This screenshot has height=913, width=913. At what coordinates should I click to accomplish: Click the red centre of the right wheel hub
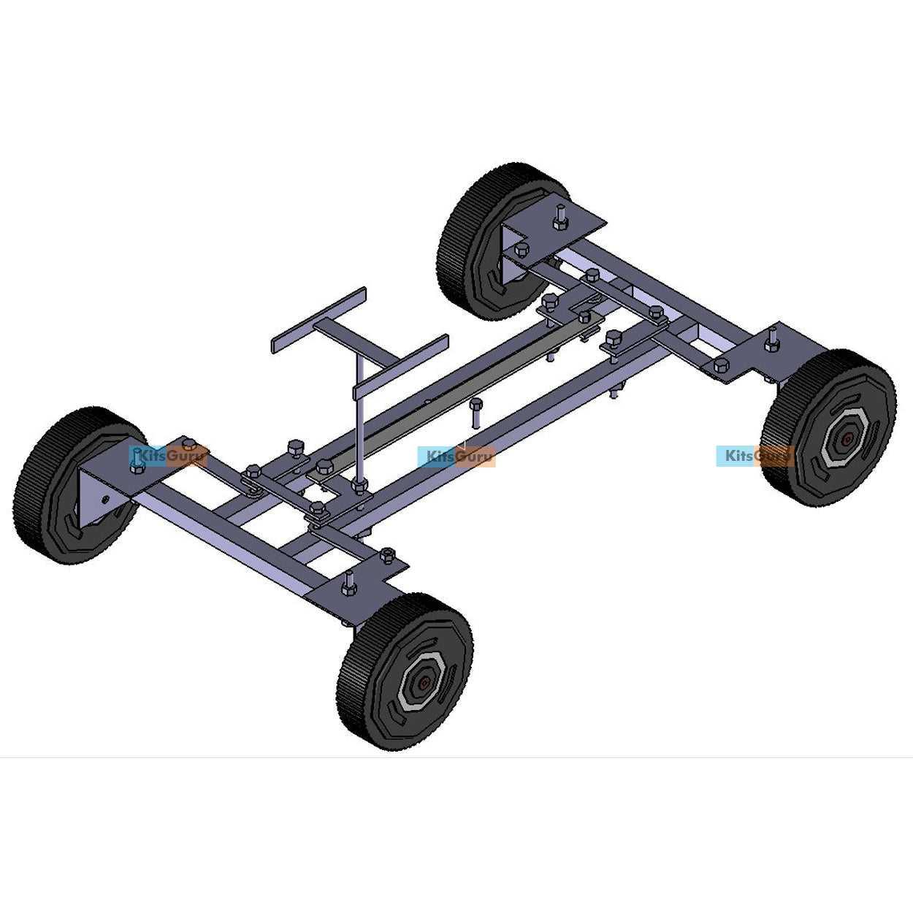click(x=846, y=440)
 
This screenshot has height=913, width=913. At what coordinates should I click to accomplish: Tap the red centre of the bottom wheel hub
click(x=424, y=684)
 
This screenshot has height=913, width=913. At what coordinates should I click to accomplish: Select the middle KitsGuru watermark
click(x=457, y=457)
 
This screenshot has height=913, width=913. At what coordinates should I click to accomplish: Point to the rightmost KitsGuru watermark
click(x=755, y=456)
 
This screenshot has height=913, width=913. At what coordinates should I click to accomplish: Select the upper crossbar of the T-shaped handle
click(x=318, y=320)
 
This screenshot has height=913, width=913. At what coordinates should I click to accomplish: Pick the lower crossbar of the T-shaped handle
click(x=401, y=367)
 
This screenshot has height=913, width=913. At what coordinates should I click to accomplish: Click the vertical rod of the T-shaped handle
click(x=359, y=424)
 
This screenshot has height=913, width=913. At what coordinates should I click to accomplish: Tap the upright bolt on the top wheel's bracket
click(x=560, y=217)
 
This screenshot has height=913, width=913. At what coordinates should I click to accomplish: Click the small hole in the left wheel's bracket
click(x=106, y=500)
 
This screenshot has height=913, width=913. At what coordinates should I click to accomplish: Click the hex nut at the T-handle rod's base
click(x=359, y=484)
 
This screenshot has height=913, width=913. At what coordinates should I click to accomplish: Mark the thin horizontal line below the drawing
click(x=457, y=757)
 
